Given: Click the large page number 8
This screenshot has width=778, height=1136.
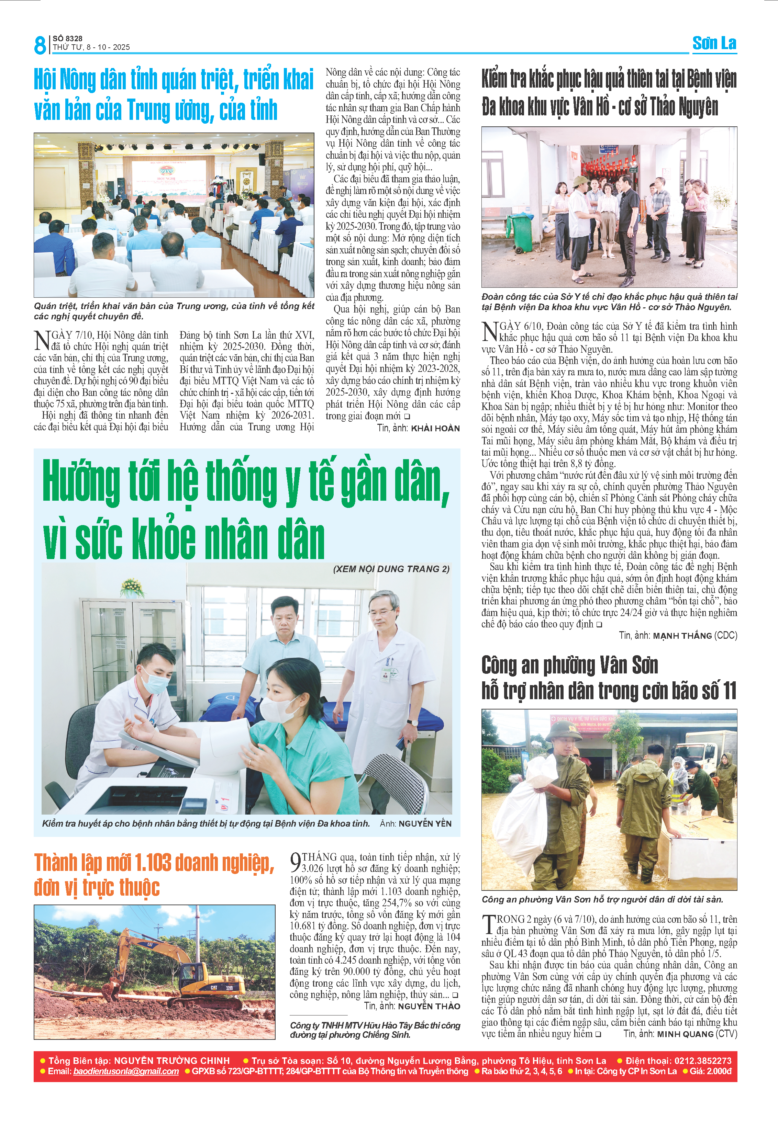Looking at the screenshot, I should tap(40, 45).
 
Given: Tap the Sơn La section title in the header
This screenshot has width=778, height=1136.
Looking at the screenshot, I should tap(714, 44).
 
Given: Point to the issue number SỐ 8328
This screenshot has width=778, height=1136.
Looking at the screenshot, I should tap(67, 38).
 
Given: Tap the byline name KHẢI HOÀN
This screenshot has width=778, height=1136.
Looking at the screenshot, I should tap(435, 429).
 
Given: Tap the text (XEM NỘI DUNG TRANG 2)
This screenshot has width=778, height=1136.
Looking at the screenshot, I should tap(391, 569).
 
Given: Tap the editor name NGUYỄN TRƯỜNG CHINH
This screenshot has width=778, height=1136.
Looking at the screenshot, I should tap(171, 1061).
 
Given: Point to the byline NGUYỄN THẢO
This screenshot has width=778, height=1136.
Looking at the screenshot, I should tap(429, 1006).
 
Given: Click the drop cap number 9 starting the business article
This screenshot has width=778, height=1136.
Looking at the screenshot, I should tap(295, 862).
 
